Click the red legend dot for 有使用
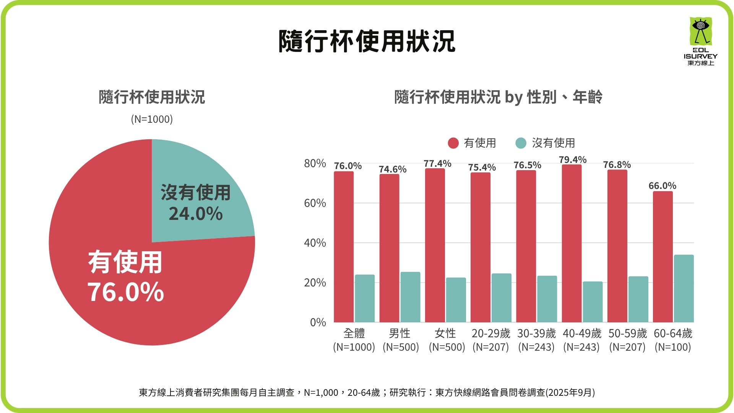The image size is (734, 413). point(453,143)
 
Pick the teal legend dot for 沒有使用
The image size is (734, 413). point(521,143)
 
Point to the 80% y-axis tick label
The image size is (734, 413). point(315,163)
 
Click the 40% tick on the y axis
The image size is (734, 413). point(315,243)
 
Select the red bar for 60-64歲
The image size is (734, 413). point(663,256)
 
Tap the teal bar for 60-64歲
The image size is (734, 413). point(684,288)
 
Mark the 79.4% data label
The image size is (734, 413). point(572,159)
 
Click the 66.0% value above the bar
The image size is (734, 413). point(662,186)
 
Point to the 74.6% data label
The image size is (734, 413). point(392,169)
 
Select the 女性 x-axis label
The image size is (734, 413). point(445,333)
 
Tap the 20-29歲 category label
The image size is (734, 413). point(490,333)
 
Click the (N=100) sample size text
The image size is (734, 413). point(672,347)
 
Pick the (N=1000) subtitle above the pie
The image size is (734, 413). point(152,119)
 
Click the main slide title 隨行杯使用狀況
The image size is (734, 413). point(366,41)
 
